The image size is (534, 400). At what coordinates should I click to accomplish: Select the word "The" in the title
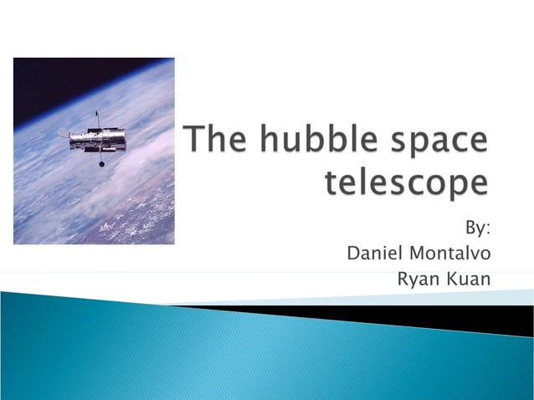[x=212, y=141]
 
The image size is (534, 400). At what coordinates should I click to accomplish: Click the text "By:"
[x=477, y=228]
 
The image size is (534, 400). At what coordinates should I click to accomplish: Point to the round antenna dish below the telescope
[x=102, y=164]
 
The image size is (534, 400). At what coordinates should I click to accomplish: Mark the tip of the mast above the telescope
[x=97, y=112]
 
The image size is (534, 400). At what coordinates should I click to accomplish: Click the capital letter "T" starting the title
[x=194, y=140]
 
